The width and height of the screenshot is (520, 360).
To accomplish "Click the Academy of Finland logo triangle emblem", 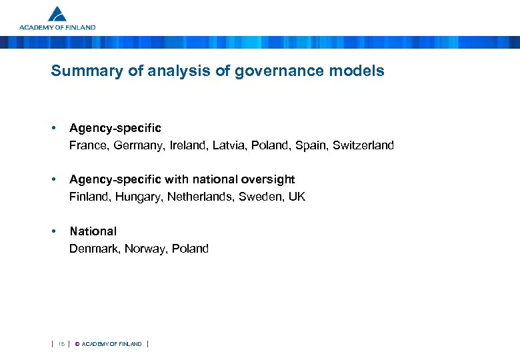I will point(58,14).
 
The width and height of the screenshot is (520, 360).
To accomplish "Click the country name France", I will point(87,145).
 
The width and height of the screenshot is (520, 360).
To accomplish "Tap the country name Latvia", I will point(229,145).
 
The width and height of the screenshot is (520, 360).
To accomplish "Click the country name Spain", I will point(311,145).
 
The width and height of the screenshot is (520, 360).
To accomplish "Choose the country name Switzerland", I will point(363,145).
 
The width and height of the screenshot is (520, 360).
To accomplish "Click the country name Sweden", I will point(262,197).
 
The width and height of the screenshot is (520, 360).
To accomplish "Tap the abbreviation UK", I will point(297,197).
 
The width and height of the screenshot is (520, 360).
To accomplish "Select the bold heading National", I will point(93,231).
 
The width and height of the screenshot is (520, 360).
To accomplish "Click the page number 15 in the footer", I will point(61,344).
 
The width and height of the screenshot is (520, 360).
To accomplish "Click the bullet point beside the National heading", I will point(53,231).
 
